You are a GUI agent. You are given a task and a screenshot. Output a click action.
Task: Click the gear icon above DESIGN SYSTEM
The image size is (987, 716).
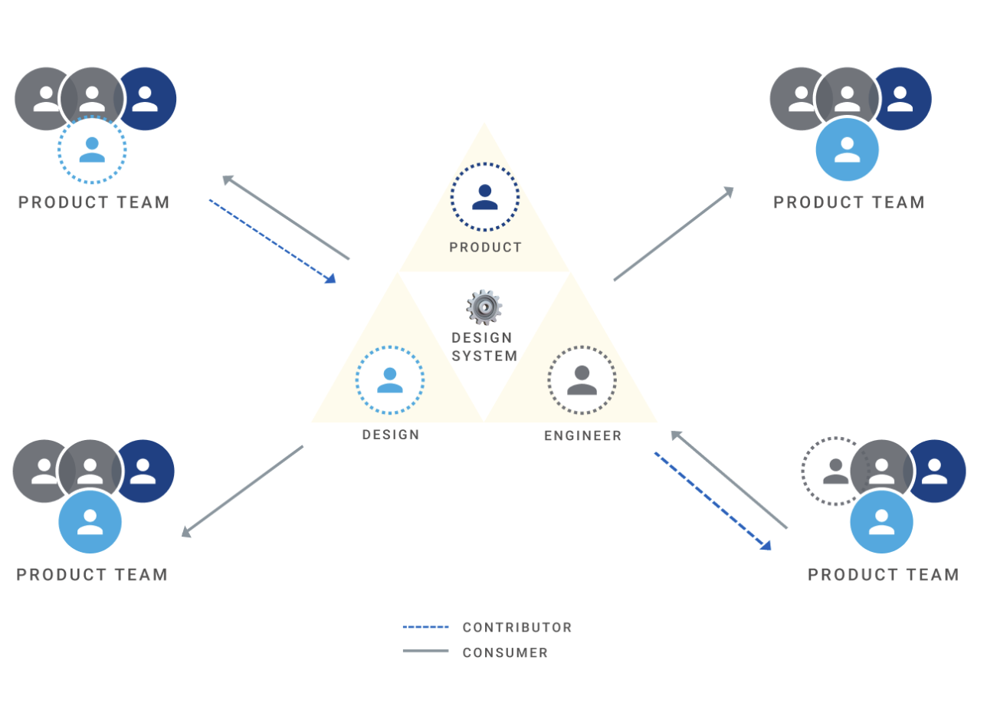[484, 307]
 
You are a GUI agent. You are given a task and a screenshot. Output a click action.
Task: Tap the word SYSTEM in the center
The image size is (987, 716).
[484, 356]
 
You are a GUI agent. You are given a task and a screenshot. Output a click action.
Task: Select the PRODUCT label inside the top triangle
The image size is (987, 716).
[485, 248]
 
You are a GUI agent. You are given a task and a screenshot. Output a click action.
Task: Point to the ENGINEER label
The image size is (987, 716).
[582, 436]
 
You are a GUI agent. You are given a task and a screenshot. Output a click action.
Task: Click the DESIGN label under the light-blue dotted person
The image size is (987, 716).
[391, 435]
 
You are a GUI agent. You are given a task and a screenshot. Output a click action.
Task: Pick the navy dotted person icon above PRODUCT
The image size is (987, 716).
[485, 197]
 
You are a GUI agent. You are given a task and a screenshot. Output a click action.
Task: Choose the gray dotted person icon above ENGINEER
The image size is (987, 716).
[582, 380]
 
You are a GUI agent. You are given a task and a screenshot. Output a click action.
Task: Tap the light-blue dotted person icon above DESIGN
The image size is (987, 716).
[390, 380]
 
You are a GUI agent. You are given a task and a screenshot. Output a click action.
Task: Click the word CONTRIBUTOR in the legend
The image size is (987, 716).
[517, 627]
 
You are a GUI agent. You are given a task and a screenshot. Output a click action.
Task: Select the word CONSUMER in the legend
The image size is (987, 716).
[505, 653]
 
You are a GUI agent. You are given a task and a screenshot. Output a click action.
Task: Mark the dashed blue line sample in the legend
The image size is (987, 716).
[426, 627]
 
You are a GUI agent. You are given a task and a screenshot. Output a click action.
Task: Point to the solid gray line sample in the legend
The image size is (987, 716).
[426, 652]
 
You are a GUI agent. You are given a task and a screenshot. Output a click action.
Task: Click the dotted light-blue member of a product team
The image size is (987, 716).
[92, 149]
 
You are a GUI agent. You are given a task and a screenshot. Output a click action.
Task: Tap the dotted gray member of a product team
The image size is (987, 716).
[835, 471]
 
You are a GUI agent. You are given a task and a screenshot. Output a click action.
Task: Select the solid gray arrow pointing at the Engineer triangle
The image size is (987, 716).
[728, 479]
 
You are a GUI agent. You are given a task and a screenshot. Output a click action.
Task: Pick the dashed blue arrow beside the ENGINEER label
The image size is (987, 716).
[712, 501]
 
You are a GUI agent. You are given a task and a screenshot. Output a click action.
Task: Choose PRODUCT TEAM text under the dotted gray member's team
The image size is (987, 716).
[884, 575]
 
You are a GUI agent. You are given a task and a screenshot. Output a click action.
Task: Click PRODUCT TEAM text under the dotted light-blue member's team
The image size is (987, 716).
[94, 202]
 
